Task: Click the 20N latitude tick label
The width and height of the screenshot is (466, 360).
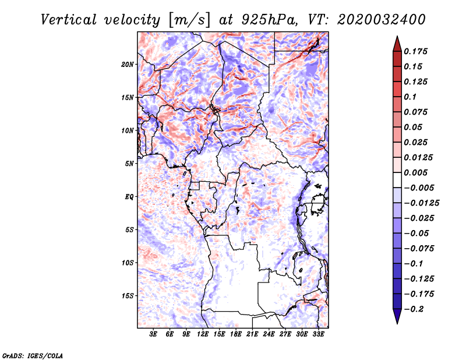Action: [x=128, y=64]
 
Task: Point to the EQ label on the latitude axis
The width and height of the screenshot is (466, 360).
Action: [x=129, y=197]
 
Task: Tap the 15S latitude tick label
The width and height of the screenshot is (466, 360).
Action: [x=128, y=296]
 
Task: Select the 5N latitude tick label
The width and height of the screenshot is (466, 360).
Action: [x=129, y=164]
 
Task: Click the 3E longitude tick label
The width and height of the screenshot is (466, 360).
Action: [x=153, y=334]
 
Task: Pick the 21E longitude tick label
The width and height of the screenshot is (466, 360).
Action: [x=252, y=334]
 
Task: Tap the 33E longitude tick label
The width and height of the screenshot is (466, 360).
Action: [x=318, y=334]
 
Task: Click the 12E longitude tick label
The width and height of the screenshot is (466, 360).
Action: [x=203, y=334]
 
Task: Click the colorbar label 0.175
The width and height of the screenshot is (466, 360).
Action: [x=415, y=51]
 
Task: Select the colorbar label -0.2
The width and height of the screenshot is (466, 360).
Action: [x=414, y=309]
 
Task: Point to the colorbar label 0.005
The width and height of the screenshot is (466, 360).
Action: [x=415, y=172]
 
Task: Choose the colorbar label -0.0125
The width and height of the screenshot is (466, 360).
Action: [x=421, y=203]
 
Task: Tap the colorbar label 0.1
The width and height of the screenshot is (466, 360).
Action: [x=410, y=97]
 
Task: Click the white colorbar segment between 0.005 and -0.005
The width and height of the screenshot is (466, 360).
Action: [x=397, y=180]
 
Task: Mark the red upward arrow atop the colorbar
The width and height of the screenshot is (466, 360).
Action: [x=397, y=44]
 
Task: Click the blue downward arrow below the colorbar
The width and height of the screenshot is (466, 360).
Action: [x=397, y=316]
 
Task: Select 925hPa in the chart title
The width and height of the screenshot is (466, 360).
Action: [x=270, y=20]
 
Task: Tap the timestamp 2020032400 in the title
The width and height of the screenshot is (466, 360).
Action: [x=382, y=20]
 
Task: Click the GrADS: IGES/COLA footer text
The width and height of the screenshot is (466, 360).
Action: [x=33, y=356]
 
